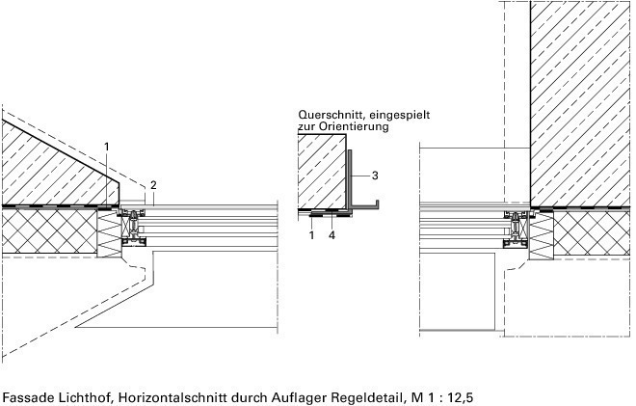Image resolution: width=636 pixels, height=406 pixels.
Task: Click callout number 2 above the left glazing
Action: pos(153,185)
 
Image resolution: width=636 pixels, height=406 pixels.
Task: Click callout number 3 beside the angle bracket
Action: pos(375,176)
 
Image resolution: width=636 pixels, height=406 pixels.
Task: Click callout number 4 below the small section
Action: pos(331,235)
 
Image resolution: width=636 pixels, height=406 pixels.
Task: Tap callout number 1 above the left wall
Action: pos(107,147)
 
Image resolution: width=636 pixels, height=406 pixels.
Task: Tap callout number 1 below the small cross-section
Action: pos(311,235)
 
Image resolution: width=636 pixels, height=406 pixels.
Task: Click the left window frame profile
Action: pos(133,228)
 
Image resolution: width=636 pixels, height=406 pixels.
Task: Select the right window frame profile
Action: pos(516,229)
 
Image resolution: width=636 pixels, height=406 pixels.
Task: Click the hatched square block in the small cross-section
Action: pos(322,172)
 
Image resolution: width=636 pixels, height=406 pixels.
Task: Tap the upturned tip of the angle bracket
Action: pos(377,202)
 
